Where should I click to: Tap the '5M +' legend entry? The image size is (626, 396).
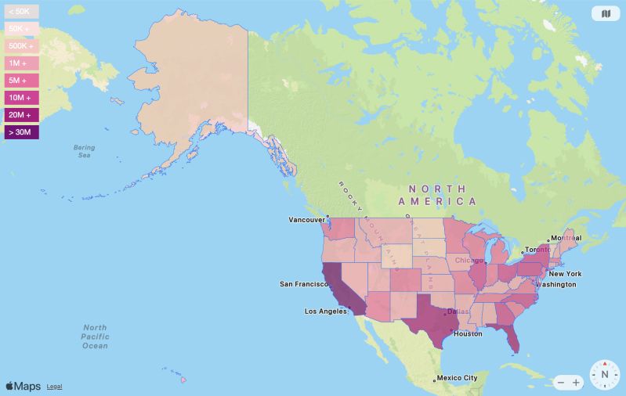[x=19, y=81]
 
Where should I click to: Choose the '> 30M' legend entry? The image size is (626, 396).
[x=20, y=132]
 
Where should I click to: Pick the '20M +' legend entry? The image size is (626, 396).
[x=20, y=115]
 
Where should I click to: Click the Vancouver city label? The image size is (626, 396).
[x=306, y=220]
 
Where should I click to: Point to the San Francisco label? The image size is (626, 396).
[x=302, y=284]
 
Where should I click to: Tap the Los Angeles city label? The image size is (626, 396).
[x=326, y=311]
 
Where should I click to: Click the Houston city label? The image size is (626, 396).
[x=468, y=333]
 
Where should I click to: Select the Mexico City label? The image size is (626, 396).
[x=456, y=378]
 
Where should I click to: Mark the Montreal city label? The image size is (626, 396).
[x=566, y=238]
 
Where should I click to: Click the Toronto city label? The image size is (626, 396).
[x=538, y=249]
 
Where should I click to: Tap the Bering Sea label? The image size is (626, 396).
[x=84, y=151]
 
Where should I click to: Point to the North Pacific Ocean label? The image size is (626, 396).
[x=95, y=336]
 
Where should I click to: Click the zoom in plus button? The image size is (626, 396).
[x=577, y=383]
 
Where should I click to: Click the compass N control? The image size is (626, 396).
[x=605, y=375]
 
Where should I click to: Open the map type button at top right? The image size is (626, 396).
[x=606, y=13]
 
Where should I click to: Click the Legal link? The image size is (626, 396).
[x=54, y=387]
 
